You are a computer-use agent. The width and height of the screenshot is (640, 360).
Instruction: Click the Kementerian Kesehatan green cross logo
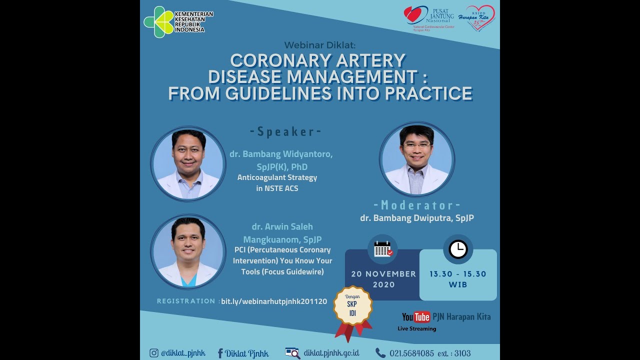[x=158, y=22]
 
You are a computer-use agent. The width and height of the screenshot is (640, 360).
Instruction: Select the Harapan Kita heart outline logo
[x=479, y=18]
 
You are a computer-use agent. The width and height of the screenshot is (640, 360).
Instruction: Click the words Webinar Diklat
[x=319, y=43]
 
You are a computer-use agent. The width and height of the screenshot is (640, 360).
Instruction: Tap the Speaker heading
[x=285, y=132]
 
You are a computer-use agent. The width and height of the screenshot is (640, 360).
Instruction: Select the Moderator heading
[x=416, y=205]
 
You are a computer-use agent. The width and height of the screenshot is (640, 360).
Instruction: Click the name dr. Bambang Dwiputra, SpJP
[x=416, y=218]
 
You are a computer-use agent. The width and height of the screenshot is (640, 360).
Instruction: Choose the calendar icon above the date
[x=383, y=249]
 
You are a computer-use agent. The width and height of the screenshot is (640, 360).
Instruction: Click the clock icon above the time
[x=457, y=249]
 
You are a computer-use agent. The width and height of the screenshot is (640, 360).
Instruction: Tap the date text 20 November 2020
[x=383, y=279]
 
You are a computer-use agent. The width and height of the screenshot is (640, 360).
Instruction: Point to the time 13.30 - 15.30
[x=457, y=274]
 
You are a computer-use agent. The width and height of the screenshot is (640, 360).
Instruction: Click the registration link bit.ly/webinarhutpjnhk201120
[x=274, y=301]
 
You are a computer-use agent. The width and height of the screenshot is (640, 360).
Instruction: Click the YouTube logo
[x=416, y=317]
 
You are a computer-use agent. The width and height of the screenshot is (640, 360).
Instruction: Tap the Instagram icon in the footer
[x=154, y=353]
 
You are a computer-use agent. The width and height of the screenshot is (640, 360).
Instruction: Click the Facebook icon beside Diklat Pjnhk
[x=220, y=353]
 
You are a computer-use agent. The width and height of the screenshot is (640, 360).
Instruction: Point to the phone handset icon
[x=380, y=353]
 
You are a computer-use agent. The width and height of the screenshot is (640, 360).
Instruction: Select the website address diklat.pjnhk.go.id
[x=331, y=353]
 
